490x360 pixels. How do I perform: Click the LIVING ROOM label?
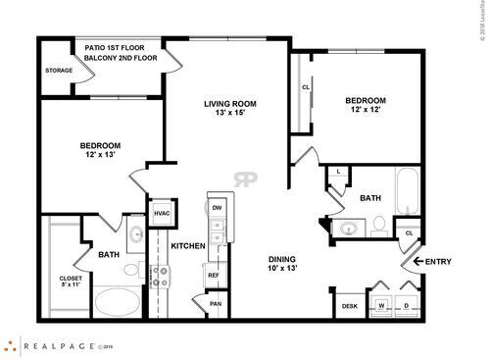coord(229,104)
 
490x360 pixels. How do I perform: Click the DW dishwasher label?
coord(217,209)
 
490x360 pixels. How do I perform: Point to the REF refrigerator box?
coord(214,276)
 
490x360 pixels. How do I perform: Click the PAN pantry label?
coord(217,305)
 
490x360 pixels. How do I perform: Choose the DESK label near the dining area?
coord(349,306)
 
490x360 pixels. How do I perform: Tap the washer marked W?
coord(380,305)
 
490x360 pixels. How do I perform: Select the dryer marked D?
coord(405,305)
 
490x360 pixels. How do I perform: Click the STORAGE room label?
coord(59,71)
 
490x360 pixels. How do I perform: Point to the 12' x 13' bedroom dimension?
coord(100,155)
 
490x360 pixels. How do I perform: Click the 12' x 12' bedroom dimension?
coord(365,109)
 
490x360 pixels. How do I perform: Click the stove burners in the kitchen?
coord(158,277)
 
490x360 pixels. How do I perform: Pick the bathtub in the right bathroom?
coord(406,191)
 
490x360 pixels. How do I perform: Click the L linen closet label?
coord(338,173)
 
